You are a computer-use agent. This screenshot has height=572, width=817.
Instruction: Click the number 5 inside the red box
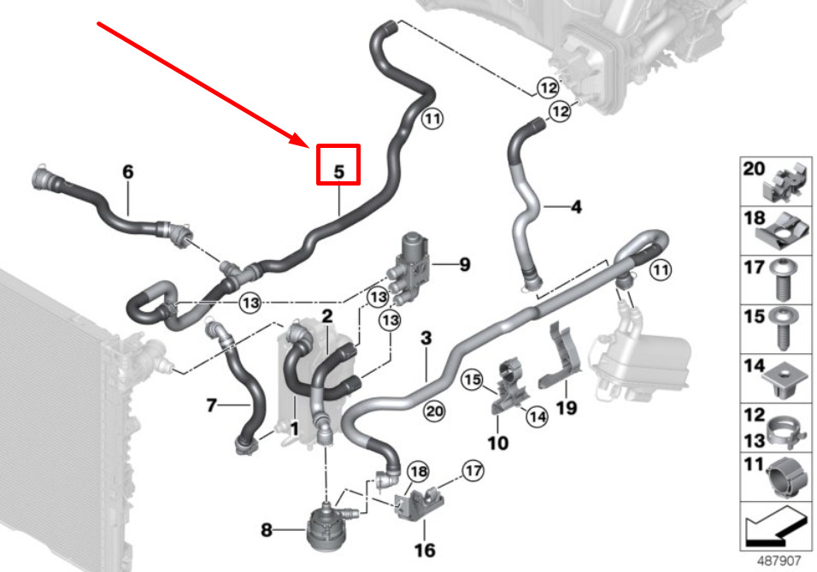(x=338, y=171)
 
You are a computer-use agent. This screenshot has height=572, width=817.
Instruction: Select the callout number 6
(x=127, y=171)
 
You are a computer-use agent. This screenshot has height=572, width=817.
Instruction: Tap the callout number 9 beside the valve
(x=464, y=264)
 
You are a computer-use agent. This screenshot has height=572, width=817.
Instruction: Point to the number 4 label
(x=576, y=207)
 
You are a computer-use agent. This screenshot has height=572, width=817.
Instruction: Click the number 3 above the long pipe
(x=426, y=338)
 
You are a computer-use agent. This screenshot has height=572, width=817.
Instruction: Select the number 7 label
(x=211, y=405)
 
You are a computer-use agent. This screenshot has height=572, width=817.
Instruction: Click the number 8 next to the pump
(x=267, y=530)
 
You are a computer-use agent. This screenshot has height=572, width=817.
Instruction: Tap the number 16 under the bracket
(x=425, y=550)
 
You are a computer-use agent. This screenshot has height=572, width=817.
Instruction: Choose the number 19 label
(x=567, y=407)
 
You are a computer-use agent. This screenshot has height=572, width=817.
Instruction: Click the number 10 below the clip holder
(x=497, y=443)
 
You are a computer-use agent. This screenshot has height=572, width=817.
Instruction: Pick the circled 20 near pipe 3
(x=434, y=411)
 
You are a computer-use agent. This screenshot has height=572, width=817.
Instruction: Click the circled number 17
(x=473, y=471)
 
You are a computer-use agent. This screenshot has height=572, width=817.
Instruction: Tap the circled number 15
(x=472, y=379)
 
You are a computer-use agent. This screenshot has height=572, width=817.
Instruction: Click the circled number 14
(x=537, y=416)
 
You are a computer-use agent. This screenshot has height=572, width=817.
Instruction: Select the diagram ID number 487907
(x=779, y=561)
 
